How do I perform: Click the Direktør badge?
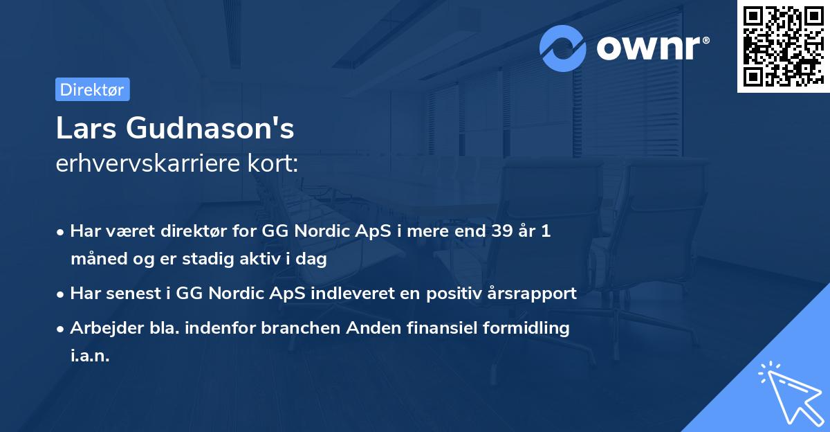tap(92, 89)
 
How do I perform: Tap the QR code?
tap(783, 46)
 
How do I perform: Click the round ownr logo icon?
tap(563, 48)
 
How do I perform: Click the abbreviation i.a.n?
tap(90, 355)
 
